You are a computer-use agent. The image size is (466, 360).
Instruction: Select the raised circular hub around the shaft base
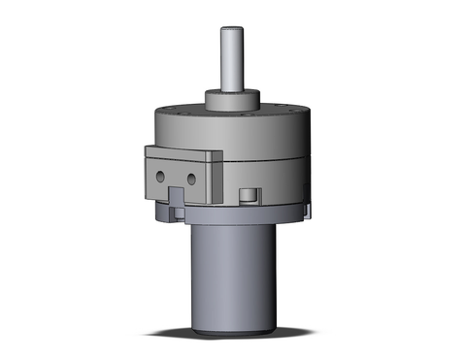point(234,101)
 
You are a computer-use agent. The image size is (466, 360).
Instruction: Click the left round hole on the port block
point(161,177)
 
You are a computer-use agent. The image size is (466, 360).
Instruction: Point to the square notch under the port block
point(177,199)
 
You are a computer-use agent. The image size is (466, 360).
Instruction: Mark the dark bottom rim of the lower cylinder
point(234,335)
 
